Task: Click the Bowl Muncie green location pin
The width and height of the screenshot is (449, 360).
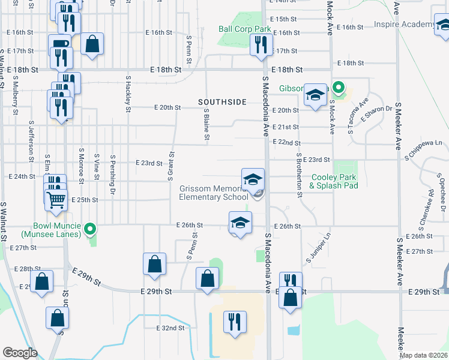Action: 90,229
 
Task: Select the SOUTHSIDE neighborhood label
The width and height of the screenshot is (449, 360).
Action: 223,102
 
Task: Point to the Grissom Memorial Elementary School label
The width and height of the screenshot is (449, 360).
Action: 214,193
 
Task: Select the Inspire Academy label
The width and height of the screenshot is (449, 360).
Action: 403,25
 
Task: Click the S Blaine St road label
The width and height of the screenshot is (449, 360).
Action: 206,125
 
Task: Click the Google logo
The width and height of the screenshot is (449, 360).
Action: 20,353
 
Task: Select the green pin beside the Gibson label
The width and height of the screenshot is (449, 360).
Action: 339,89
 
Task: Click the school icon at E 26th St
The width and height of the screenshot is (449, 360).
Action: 240,223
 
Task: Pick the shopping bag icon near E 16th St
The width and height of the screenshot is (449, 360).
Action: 92,43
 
